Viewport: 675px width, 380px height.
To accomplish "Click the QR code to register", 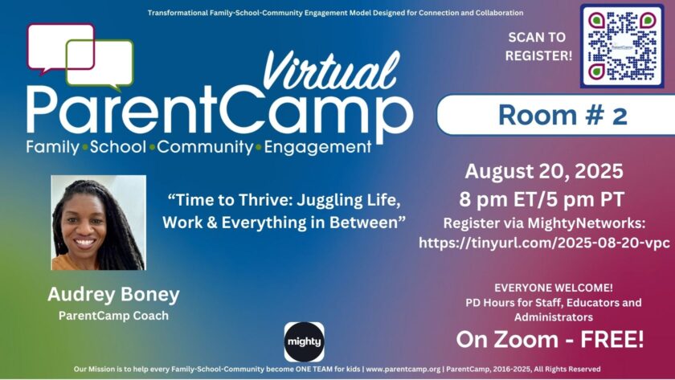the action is click(622, 46).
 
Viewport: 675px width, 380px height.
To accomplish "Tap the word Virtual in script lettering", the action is click(331, 71).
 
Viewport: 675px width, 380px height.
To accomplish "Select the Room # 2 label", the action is click(562, 116).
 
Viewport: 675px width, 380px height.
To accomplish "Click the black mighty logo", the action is click(305, 341).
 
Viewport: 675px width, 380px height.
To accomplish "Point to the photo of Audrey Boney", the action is click(99, 223).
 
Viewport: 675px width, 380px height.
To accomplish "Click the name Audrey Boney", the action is click(113, 294).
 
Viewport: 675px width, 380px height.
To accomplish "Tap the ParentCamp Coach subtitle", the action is click(113, 316).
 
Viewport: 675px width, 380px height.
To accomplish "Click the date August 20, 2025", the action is click(544, 171).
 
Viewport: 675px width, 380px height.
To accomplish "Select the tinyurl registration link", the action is click(544, 243).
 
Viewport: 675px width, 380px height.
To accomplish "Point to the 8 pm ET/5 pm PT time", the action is click(542, 199).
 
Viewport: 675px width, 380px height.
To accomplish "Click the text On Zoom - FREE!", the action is click(550, 339).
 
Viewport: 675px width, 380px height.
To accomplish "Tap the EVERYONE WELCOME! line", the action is click(553, 288).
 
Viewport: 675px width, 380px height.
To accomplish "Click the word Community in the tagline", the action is click(205, 147).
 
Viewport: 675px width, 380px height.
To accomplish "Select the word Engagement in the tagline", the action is click(317, 147).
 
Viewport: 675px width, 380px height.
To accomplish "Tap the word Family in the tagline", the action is click(52, 147).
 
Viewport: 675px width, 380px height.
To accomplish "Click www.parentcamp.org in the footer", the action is click(403, 369).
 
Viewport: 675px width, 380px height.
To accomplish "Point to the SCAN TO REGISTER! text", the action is click(538, 47).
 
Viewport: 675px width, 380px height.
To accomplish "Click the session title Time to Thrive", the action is click(284, 211).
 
